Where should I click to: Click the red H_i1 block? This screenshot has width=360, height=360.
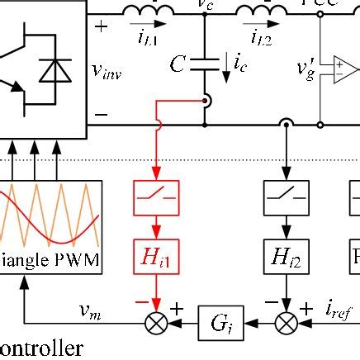pyautogui.click(x=156, y=259)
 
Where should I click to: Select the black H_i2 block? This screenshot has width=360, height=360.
pyautogui.click(x=286, y=259)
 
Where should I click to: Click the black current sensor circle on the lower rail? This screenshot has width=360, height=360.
pyautogui.click(x=286, y=126)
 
